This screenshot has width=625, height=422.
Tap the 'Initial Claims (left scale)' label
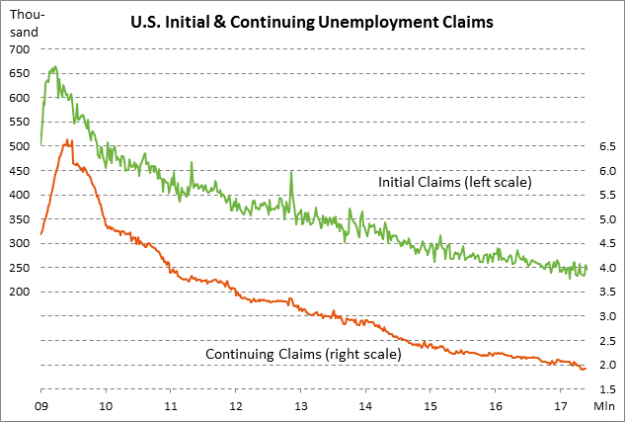coord(456,183)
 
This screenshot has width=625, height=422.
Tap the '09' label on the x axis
coord(41,405)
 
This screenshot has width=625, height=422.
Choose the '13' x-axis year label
coord(300,405)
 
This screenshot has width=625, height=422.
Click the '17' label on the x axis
coord(559,405)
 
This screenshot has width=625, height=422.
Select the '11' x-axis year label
coord(171,405)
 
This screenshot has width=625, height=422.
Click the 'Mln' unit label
coord(604,405)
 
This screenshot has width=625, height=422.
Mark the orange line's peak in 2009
coord(67,141)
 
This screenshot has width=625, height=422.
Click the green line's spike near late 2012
coord(290,172)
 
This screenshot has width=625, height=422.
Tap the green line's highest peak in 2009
coord(54,67)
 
